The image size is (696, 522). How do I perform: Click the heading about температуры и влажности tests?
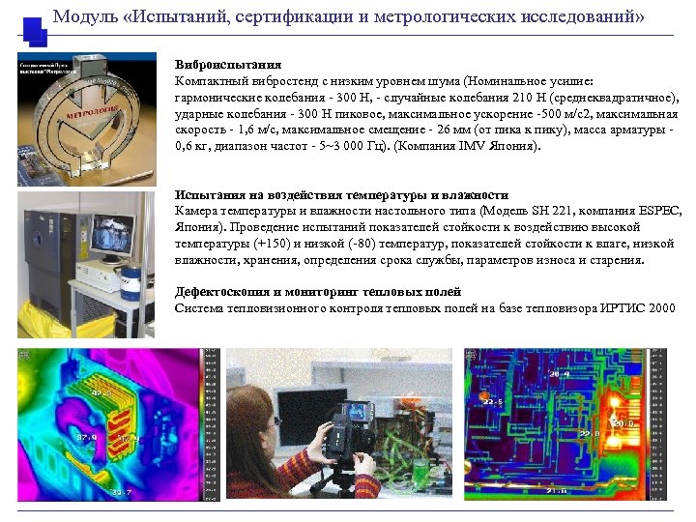coord(341,195)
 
